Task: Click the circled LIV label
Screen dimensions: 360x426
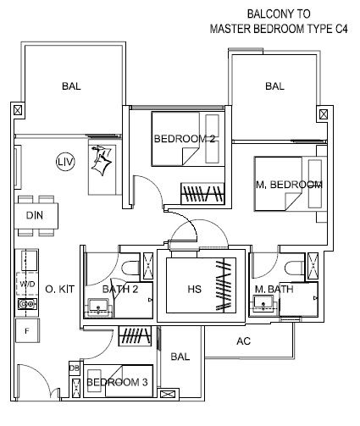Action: [65, 162]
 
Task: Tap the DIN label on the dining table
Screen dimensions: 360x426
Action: [35, 216]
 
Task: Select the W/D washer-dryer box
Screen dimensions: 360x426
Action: [27, 284]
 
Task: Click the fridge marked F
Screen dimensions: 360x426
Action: [27, 330]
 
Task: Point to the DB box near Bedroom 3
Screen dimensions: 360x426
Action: [75, 368]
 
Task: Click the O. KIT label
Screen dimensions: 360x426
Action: [60, 289]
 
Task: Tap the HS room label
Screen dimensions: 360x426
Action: [195, 289]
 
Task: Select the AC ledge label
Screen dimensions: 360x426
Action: [243, 341]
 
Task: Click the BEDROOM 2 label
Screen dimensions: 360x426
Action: [185, 139]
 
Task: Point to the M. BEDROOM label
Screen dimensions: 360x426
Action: [289, 185]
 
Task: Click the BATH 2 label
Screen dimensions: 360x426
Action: [120, 289]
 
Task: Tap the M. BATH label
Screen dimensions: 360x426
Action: [274, 289]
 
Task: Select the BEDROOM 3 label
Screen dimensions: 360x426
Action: [117, 382]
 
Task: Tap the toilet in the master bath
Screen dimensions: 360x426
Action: [295, 268]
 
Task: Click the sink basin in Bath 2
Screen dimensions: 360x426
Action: [98, 307]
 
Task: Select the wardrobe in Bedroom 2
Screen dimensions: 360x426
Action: [202, 193]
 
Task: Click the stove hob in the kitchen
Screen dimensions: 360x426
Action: [27, 304]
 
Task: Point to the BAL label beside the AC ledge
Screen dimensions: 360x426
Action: [180, 357]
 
